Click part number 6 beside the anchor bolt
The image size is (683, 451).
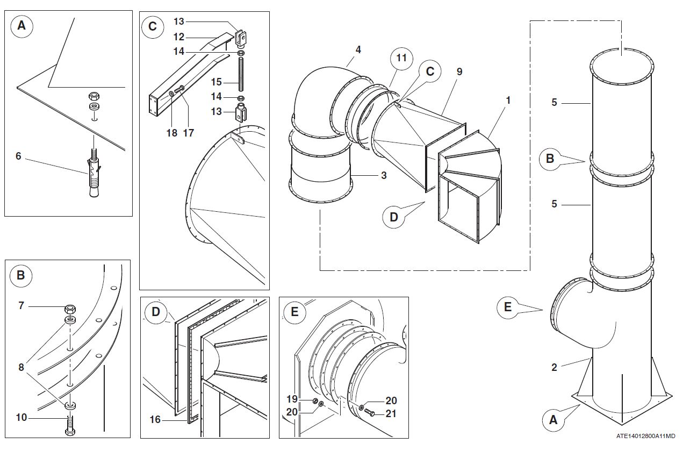[x=18, y=156]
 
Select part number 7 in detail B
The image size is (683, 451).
[x=21, y=306]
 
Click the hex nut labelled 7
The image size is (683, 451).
[x=70, y=309]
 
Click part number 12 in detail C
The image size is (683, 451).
[x=179, y=37]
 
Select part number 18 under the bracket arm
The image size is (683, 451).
[x=171, y=133]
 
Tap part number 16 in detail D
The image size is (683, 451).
[x=155, y=419]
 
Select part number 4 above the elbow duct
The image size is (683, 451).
[x=358, y=49]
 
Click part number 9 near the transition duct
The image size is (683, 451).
[x=459, y=71]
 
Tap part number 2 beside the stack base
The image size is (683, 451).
[x=554, y=368]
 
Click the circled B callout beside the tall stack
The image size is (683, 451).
[x=550, y=159]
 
